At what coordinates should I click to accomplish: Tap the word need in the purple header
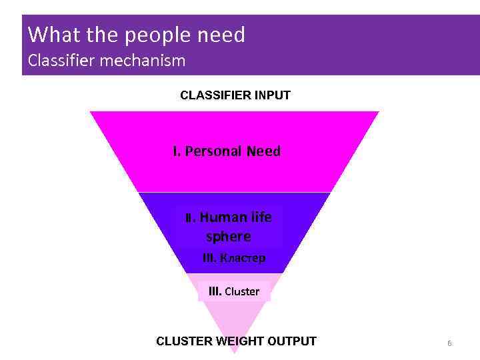221,35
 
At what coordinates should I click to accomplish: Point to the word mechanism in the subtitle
143,61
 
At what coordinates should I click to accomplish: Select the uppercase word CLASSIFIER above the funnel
213,95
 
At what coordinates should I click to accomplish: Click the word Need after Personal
263,151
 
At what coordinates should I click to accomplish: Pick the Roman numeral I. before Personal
177,151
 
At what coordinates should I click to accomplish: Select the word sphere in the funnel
229,237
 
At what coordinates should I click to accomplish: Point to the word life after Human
261,217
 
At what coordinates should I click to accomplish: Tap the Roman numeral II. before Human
190,218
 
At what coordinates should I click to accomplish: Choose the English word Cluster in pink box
242,291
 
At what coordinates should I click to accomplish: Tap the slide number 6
449,343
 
